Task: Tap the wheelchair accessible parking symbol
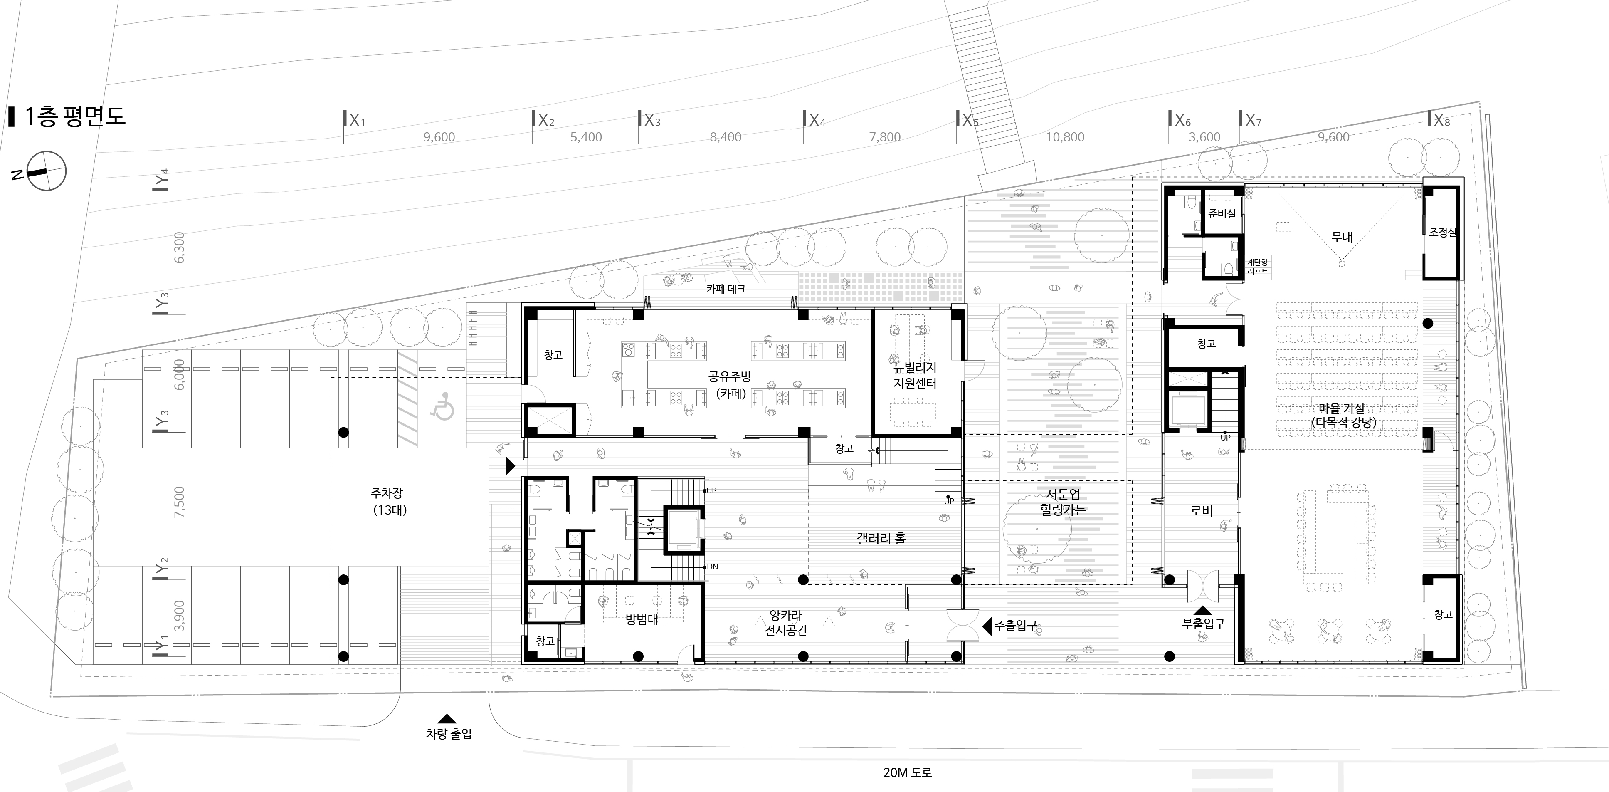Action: (443, 406)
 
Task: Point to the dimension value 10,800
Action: (1065, 137)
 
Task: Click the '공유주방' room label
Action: (730, 377)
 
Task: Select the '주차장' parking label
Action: (387, 493)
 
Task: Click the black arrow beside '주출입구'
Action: (987, 625)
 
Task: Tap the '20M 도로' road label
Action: (908, 772)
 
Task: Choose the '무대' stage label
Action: (1342, 237)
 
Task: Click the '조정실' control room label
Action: (1443, 233)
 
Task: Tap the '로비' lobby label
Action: (1202, 511)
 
